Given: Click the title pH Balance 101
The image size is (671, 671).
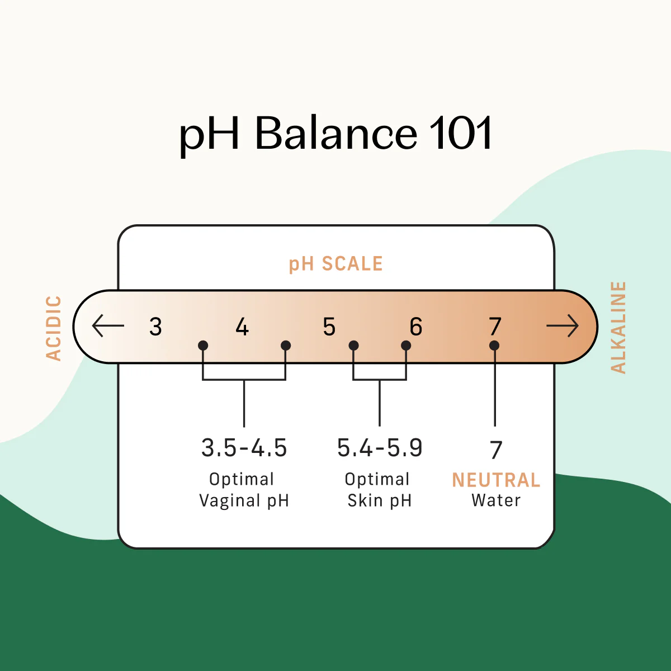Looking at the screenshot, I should pos(335,134).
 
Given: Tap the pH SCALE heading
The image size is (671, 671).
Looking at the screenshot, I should pos(335,264).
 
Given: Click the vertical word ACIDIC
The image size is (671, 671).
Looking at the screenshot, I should pos(54,328).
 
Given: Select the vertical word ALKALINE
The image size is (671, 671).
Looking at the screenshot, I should pos(618,328).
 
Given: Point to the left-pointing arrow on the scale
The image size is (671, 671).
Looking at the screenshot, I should pos(108,326).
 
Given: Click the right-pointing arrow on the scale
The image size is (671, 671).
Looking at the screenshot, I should pos(562,326).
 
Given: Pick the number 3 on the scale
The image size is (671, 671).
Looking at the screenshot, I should pos(155,327).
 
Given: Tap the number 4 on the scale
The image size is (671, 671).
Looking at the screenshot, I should pos(242,327).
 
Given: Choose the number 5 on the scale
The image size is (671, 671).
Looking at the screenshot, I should pos(329,327).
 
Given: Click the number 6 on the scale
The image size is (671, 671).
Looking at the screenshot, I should pos(415,327).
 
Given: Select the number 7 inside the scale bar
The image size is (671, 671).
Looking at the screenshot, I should pos(495,326).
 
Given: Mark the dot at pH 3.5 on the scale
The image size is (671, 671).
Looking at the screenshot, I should pos(203,346).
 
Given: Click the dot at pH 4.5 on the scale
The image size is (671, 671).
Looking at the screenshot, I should pos(286,346).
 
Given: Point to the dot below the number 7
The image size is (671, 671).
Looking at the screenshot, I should pos(494,346).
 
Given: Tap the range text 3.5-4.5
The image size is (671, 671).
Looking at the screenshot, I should pos(244,448).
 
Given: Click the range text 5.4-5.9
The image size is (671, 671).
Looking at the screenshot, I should pos(380,448).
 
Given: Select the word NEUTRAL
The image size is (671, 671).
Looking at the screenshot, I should pos(496,480).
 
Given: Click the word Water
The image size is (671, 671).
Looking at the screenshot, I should pos(496,500).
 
